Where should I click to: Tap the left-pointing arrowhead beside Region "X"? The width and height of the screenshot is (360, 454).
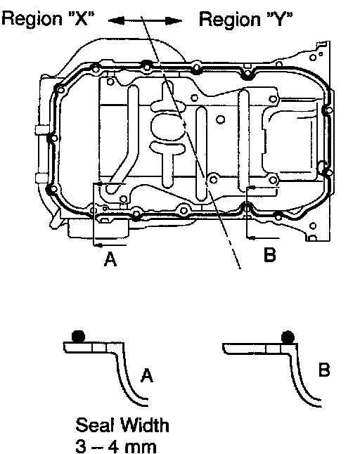pyautogui.click(x=117, y=20)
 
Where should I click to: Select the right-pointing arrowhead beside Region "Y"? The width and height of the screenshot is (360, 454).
pyautogui.click(x=174, y=20)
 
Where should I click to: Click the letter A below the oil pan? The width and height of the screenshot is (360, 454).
pyautogui.click(x=110, y=259)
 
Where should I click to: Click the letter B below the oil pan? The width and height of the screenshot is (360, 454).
pyautogui.click(x=270, y=255)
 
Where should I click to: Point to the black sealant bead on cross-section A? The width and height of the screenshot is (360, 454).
pyautogui.click(x=78, y=336)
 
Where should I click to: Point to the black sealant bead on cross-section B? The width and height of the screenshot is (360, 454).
pyautogui.click(x=288, y=337)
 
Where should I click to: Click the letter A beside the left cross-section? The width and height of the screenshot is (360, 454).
pyautogui.click(x=147, y=375)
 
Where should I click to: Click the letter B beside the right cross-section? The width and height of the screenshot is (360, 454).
pyautogui.click(x=324, y=370)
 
